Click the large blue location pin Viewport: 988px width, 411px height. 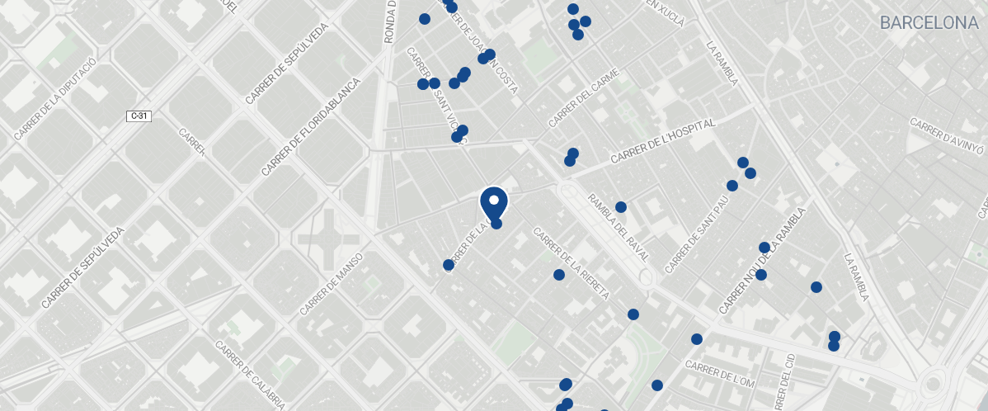pyautogui.click(x=493, y=202)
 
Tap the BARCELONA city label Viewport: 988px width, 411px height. pyautogui.click(x=929, y=23)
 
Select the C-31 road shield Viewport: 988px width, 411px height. pyautogui.click(x=139, y=116)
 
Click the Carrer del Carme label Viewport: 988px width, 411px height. pyautogui.click(x=583, y=98)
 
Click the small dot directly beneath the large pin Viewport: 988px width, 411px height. pyautogui.click(x=496, y=223)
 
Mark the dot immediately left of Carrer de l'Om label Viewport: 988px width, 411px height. pyautogui.click(x=657, y=385)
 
